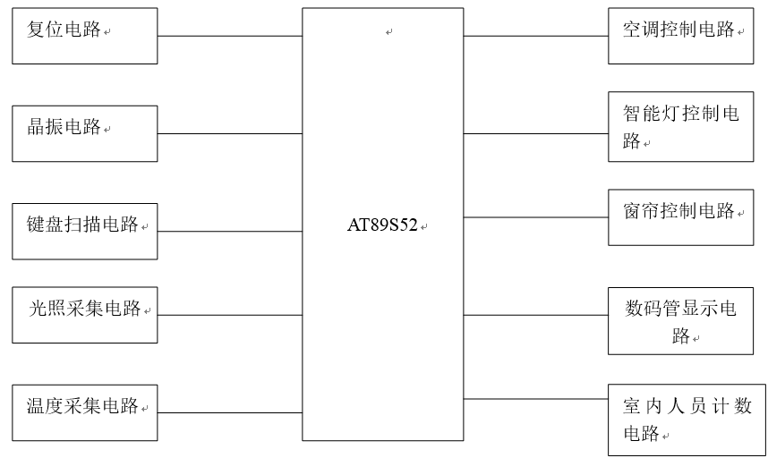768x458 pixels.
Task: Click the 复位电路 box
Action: (85, 36)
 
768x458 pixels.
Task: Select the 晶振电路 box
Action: (85, 133)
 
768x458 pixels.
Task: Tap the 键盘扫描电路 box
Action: (85, 231)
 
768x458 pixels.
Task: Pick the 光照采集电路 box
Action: (85, 315)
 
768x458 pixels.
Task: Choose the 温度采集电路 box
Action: (85, 412)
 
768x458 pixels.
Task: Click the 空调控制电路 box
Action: (681, 36)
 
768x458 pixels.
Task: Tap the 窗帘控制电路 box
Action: (681, 217)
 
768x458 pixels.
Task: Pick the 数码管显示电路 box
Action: (681, 320)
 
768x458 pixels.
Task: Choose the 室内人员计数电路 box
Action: (681, 420)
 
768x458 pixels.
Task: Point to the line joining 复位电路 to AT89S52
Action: (229, 36)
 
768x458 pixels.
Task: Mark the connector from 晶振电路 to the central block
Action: (229, 133)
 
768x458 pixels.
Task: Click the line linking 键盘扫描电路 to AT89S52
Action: (229, 231)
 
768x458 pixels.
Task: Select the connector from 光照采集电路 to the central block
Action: (229, 315)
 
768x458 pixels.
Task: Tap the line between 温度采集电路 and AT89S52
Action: (229, 412)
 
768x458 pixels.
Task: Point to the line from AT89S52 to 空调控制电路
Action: (535, 36)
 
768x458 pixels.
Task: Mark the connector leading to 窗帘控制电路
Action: (535, 217)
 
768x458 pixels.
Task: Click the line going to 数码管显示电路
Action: (535, 315)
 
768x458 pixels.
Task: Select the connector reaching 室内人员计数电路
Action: (535, 398)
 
